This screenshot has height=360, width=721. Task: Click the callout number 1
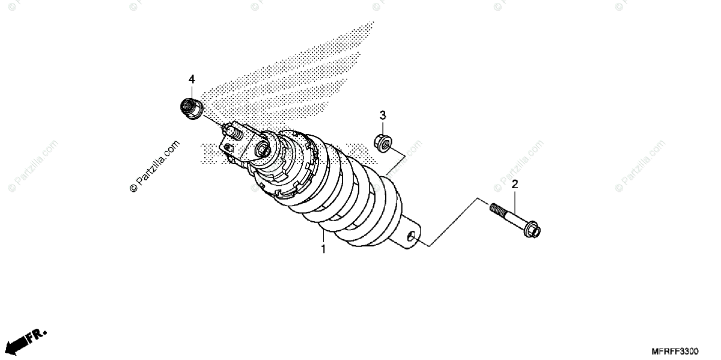(x=323, y=249)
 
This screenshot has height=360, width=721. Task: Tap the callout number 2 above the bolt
(x=515, y=185)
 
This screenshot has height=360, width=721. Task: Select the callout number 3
(x=382, y=115)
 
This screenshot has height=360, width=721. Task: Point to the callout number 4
(x=192, y=79)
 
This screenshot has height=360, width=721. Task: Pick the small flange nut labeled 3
(x=382, y=142)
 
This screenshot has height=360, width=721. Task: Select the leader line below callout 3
(x=382, y=127)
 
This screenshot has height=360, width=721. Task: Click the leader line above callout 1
(x=323, y=236)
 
